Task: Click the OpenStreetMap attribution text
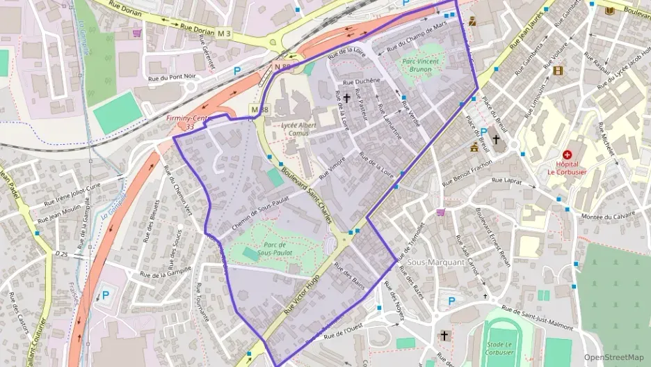[614, 357]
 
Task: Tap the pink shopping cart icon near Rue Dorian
[138, 33]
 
